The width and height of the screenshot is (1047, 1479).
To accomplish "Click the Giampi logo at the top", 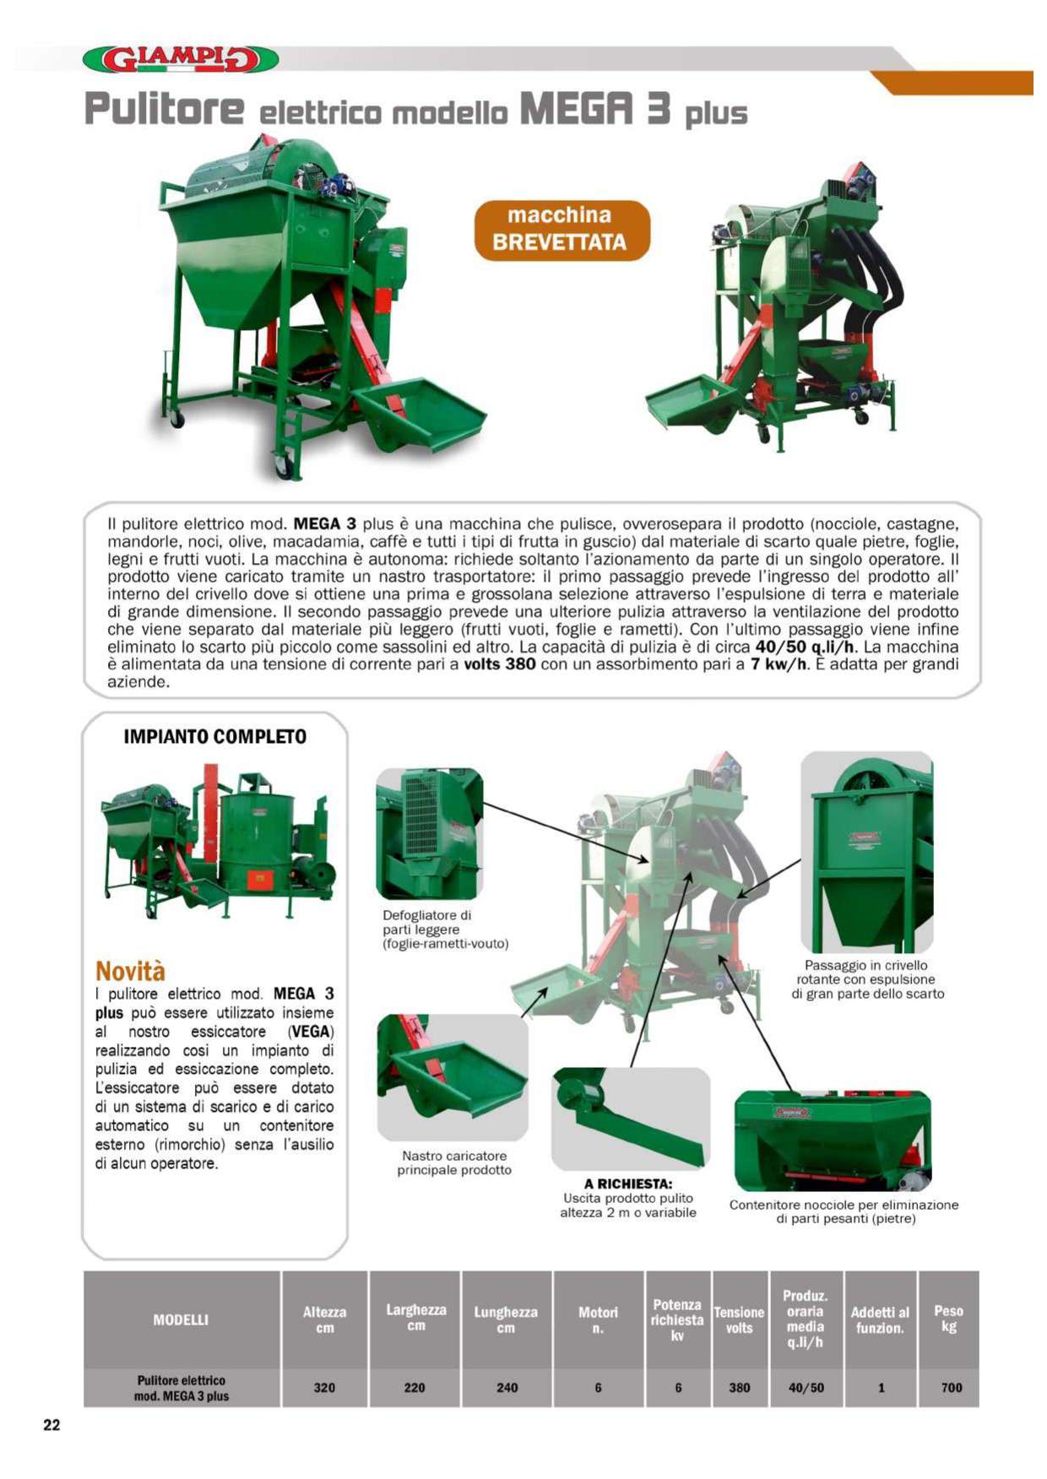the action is click(180, 59).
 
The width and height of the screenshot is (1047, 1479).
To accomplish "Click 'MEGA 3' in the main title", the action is click(595, 109).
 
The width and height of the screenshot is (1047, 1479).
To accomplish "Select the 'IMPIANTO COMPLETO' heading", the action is click(215, 736).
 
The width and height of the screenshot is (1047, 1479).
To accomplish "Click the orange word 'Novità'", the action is click(130, 970).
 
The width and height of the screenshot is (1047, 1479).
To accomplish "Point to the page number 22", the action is click(52, 1425).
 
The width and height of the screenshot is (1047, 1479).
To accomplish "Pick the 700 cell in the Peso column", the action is click(952, 1388).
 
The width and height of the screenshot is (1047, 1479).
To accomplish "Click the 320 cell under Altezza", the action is click(324, 1388).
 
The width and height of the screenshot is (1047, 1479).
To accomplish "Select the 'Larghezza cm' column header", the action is click(415, 1318).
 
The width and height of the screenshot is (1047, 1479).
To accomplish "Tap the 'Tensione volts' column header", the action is click(739, 1319).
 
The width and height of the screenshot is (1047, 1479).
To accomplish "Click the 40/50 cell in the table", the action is click(806, 1388).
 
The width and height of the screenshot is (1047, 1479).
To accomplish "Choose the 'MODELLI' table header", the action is click(181, 1319).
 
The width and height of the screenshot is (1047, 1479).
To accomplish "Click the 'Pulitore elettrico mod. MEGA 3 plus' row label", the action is click(182, 1388).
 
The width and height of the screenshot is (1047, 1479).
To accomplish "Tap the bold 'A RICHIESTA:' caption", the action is click(628, 1184).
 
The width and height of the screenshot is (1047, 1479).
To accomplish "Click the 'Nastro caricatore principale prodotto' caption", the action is click(454, 1162).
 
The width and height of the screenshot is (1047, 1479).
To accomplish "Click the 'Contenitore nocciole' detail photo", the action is click(833, 1140).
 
